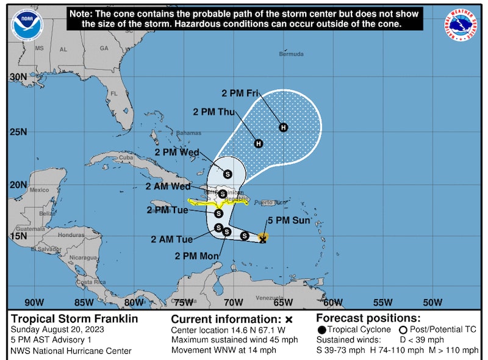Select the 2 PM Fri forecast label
click(x=240, y=93)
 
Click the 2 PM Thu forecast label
click(x=213, y=112)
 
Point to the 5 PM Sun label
click(x=289, y=221)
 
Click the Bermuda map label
click(x=291, y=54)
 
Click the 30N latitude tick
click(x=18, y=77)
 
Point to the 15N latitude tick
click(x=18, y=236)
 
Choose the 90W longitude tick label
click(x=34, y=302)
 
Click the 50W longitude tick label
click(x=432, y=302)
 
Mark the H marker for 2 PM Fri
click(x=283, y=127)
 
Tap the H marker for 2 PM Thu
click(x=258, y=143)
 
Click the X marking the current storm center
click(x=262, y=240)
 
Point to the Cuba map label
click(x=125, y=157)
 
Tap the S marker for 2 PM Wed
click(x=228, y=174)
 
